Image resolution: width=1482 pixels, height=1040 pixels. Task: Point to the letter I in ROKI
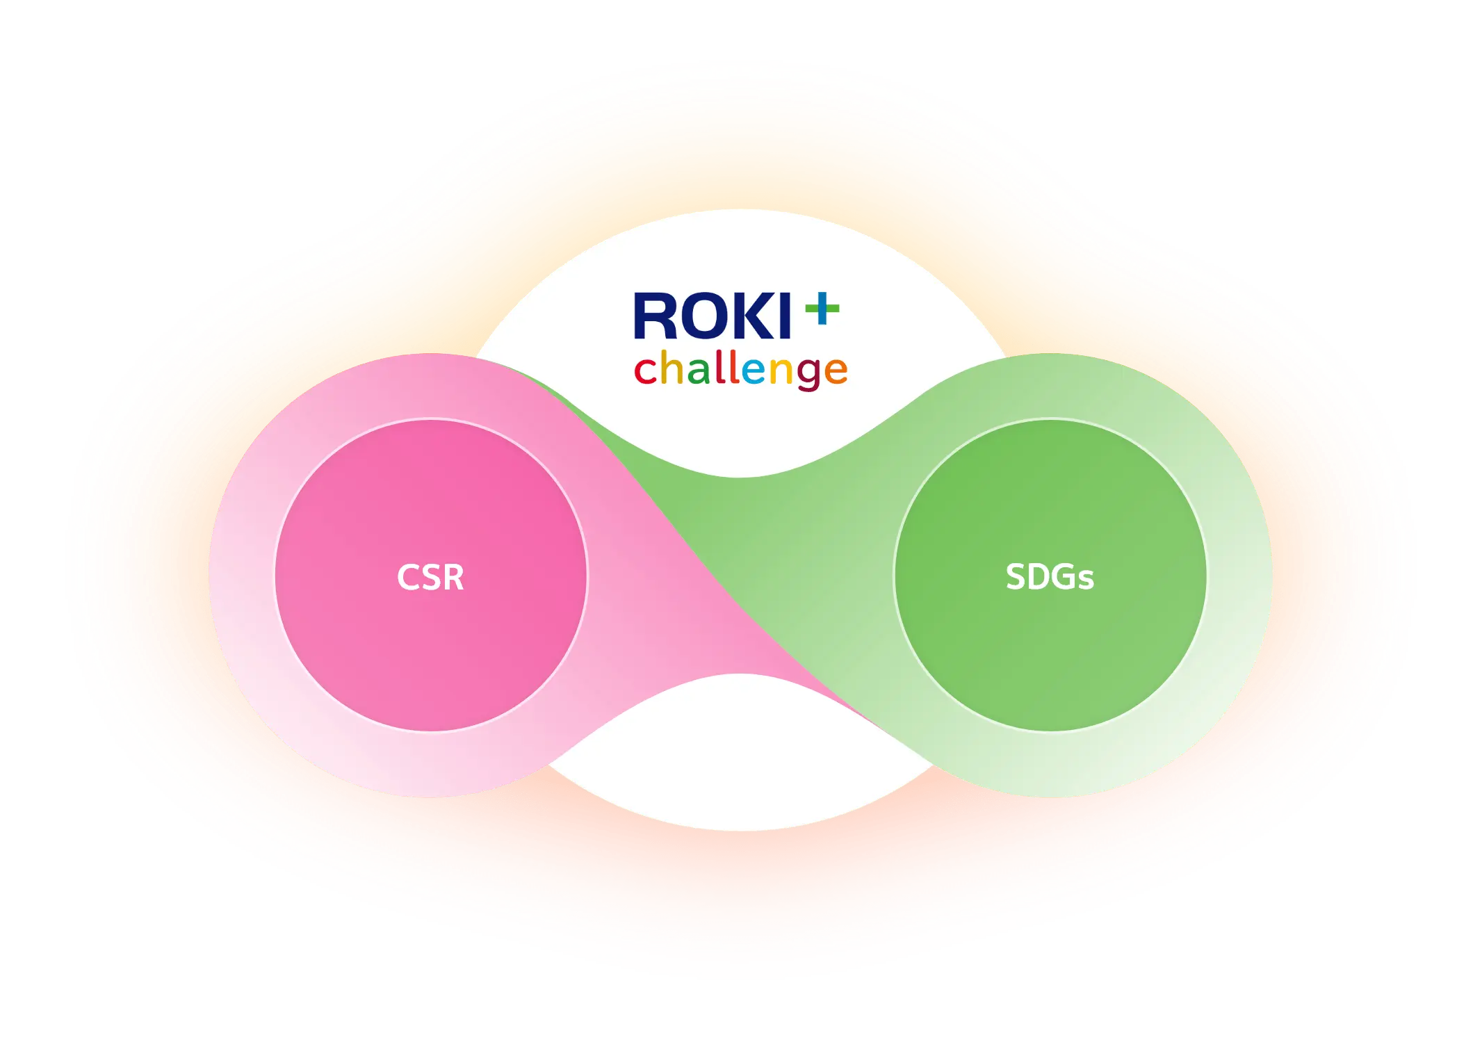tap(785, 317)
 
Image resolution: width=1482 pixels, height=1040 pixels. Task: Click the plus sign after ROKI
tap(822, 309)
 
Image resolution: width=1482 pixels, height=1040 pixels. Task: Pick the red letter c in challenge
tap(645, 371)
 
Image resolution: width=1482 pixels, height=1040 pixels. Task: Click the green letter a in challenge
tap(699, 371)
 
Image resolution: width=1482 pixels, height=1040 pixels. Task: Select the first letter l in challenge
tap(719, 367)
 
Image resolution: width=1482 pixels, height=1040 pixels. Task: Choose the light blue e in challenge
tap(754, 371)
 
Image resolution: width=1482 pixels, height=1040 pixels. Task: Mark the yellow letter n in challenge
tap(781, 371)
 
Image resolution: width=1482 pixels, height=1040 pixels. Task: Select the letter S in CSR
tap(430, 577)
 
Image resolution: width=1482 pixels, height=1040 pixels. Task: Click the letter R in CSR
tap(453, 577)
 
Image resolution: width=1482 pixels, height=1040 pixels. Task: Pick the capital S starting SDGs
tap(1016, 577)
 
